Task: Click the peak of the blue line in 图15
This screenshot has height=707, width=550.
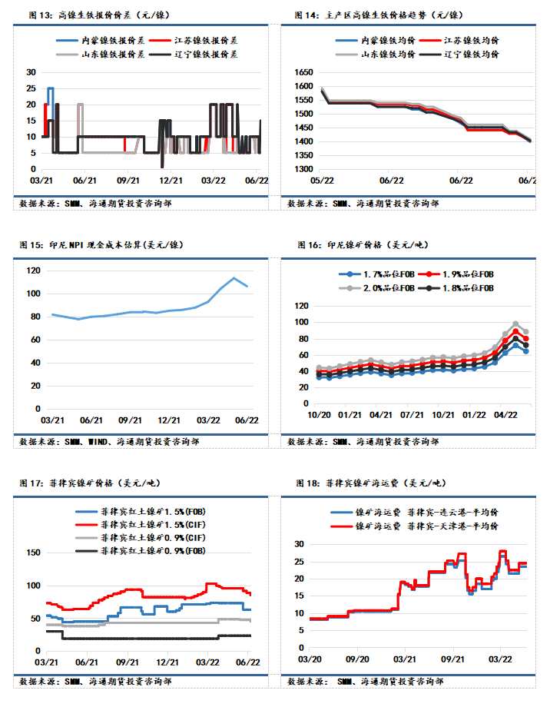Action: (234, 278)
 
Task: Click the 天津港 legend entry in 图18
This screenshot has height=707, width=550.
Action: (427, 526)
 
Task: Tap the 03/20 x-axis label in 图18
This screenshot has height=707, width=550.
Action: (310, 659)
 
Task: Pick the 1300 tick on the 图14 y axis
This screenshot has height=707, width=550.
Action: (304, 169)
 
